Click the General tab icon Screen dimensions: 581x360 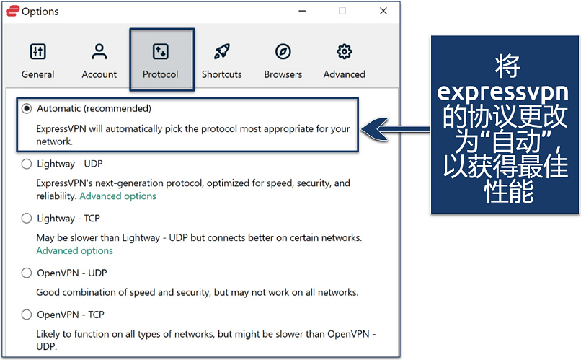pyautogui.click(x=37, y=51)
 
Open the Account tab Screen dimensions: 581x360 pyautogui.click(x=99, y=59)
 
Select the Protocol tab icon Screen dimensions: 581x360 pyautogui.click(x=161, y=51)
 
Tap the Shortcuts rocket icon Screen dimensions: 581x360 pyautogui.click(x=222, y=51)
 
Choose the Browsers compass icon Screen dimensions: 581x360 pyautogui.click(x=283, y=51)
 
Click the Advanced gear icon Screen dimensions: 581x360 pyautogui.click(x=345, y=51)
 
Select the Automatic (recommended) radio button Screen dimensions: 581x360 pyautogui.click(x=27, y=109)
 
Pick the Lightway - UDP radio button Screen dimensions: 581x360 pyautogui.click(x=27, y=164)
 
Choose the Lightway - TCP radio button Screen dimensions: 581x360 pyautogui.click(x=27, y=219)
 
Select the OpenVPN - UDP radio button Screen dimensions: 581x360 pyautogui.click(x=27, y=273)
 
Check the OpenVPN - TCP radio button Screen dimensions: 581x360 pyautogui.click(x=27, y=315)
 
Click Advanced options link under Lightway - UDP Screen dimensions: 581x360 pyautogui.click(x=117, y=196)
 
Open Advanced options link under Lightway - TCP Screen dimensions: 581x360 pyautogui.click(x=74, y=250)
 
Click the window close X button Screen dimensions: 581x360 pyautogui.click(x=383, y=11)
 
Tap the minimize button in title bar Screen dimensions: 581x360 pyautogui.click(x=302, y=11)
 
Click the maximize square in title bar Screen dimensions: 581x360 pyautogui.click(x=342, y=11)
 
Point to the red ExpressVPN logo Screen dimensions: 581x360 pyautogui.click(x=12, y=11)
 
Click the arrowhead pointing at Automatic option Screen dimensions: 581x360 pyautogui.click(x=375, y=129)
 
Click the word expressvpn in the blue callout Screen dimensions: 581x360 pyautogui.click(x=502, y=92)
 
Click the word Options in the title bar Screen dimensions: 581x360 pyautogui.click(x=40, y=12)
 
